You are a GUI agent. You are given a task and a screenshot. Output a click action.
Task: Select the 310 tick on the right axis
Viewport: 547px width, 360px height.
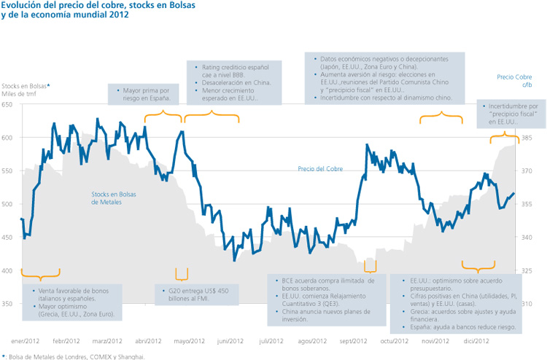click(527, 304)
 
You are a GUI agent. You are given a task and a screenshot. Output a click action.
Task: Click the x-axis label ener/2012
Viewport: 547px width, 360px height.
click(24, 340)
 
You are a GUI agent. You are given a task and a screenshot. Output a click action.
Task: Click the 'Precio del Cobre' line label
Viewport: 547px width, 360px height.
click(320, 169)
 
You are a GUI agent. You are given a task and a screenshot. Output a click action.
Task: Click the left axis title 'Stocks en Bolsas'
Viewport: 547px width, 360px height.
click(24, 86)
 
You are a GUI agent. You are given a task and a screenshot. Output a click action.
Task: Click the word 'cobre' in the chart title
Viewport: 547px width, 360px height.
click(101, 6)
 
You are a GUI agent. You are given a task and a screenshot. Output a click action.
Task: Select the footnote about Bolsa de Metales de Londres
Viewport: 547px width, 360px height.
click(74, 356)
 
